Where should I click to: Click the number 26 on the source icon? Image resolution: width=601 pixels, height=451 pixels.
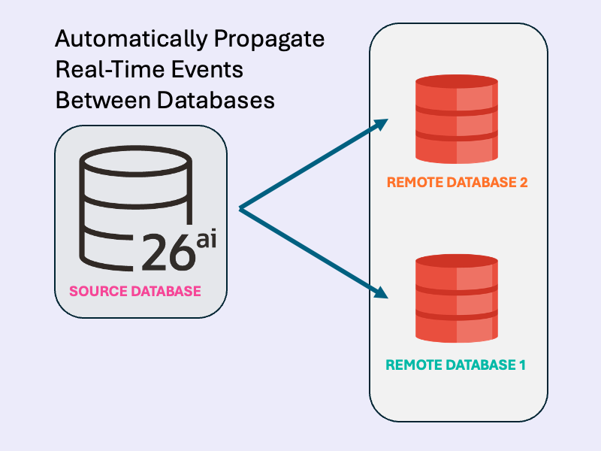point(168,252)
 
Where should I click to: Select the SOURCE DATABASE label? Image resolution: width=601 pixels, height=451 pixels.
point(135,291)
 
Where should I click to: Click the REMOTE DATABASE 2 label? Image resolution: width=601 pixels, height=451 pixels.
point(457,183)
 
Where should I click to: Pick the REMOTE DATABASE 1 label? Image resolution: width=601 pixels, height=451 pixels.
point(455,365)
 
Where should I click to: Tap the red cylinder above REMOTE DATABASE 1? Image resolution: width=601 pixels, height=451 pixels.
point(457,299)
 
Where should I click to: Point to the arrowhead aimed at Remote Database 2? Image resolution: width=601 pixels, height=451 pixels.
point(381,124)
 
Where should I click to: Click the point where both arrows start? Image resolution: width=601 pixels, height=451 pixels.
point(240,208)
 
